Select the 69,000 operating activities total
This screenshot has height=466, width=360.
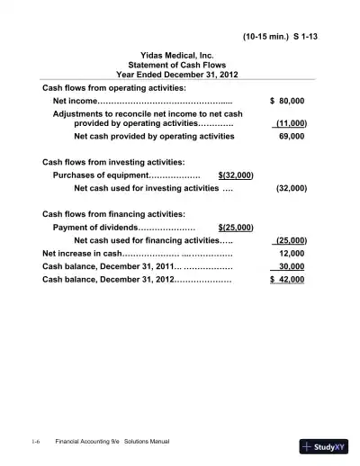point(292,137)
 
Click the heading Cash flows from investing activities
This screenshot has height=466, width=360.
point(114,162)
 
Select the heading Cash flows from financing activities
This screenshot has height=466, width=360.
point(114,214)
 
